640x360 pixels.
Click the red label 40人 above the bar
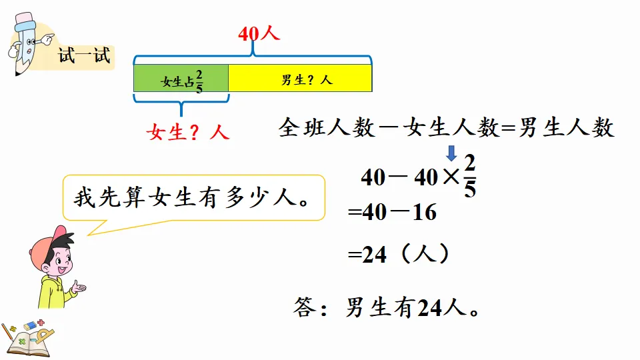[259, 34]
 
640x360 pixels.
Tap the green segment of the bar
[181, 78]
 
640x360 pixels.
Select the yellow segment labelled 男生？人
[300, 78]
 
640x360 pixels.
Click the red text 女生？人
[187, 133]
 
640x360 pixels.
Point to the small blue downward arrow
[451, 154]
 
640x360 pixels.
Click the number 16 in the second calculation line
[424, 213]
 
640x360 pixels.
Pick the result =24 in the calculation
[367, 255]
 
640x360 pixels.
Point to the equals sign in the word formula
[507, 129]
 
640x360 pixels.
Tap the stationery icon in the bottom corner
[27, 337]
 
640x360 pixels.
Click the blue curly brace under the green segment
[181, 101]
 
